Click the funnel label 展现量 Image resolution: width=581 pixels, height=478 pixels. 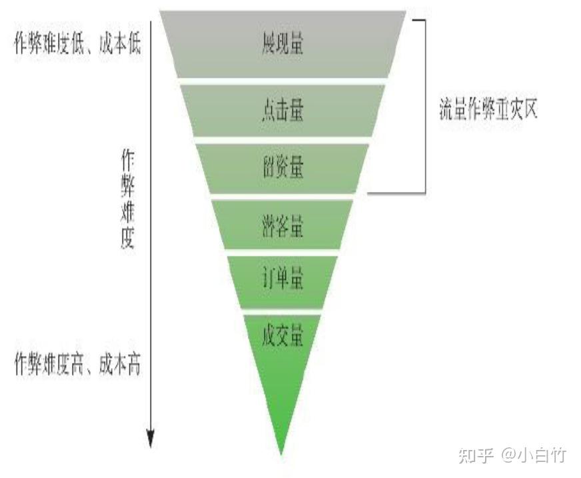coord(283,45)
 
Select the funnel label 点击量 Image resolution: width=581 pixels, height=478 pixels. coord(283,110)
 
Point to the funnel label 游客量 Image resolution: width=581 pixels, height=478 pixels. coord(283,227)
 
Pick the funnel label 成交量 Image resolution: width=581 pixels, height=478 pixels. coord(283,336)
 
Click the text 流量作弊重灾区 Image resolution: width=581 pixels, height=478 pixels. coord(488,110)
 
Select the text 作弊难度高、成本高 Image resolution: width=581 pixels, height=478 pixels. coord(78,365)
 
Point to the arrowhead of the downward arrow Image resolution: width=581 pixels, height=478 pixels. coord(151,439)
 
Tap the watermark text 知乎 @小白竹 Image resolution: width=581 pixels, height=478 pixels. coord(511,455)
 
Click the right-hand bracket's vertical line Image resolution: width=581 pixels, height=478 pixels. coord(424,107)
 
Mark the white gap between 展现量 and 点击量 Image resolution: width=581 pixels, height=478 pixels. coord(283,80)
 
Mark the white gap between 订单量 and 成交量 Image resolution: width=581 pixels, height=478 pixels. coord(283,311)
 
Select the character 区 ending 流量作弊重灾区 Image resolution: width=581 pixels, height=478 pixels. coord(529,110)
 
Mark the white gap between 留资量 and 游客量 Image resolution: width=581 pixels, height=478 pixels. coord(283,196)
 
